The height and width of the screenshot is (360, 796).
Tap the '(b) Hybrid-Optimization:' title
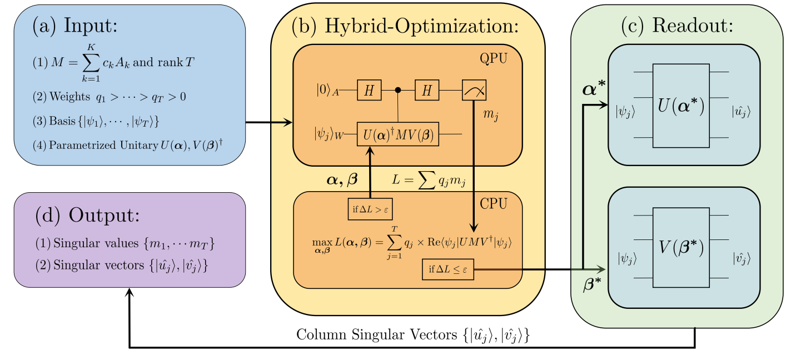[x=405, y=27]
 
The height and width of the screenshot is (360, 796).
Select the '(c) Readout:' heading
[x=677, y=26]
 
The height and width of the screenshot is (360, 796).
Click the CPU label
[x=495, y=204]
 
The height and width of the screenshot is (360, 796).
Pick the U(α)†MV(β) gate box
[x=398, y=134]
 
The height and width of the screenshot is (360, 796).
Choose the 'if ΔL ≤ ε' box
[x=448, y=269]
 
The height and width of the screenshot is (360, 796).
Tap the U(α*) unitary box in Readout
[x=681, y=106]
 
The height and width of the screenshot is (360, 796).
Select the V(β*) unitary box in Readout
[x=681, y=247]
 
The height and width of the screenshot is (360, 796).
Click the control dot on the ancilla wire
[x=398, y=89]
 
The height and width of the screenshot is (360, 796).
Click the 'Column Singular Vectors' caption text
[x=411, y=335]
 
